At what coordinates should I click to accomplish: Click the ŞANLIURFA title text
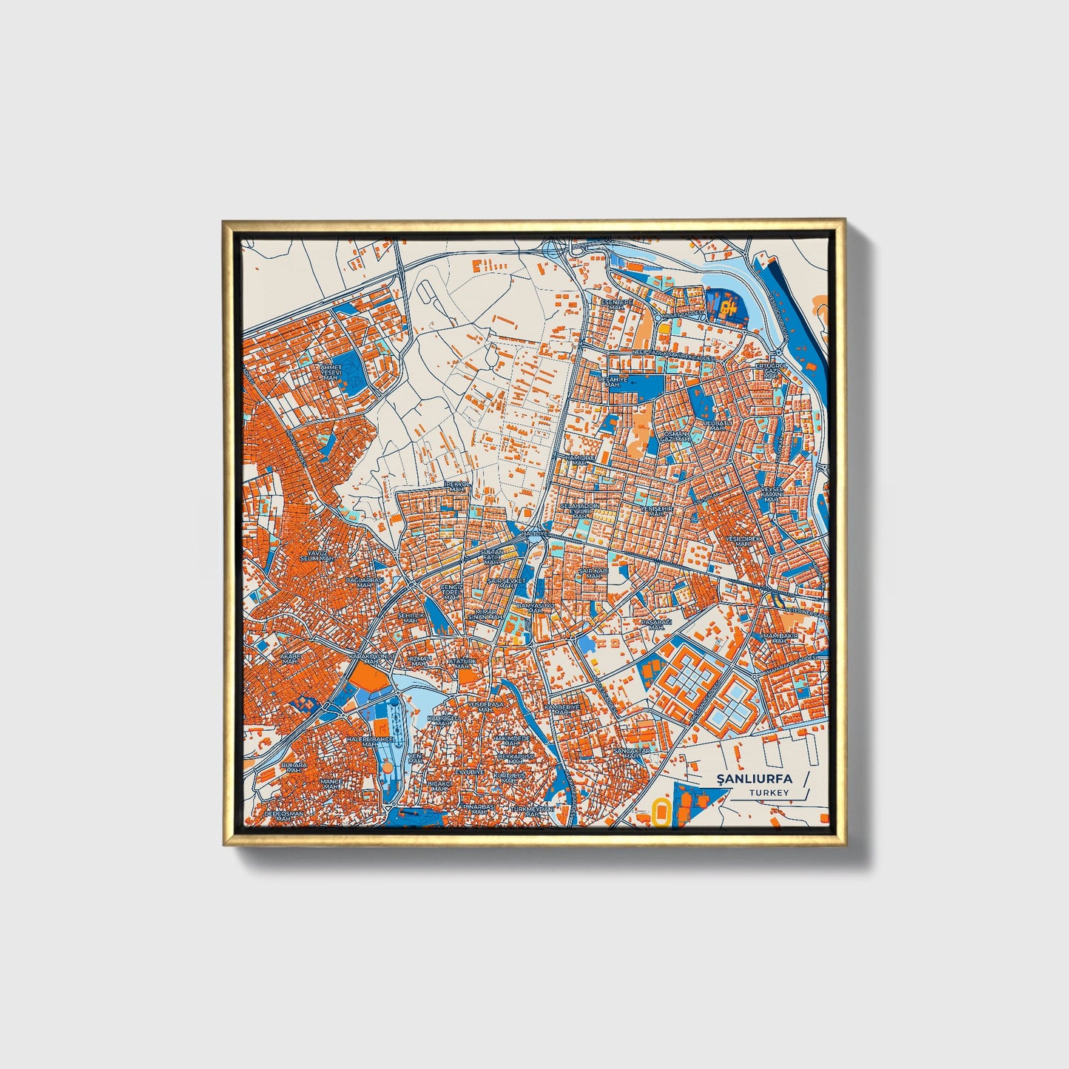tap(754, 778)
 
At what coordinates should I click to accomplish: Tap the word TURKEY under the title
tap(769, 792)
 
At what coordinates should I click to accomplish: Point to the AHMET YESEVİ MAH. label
tap(329, 371)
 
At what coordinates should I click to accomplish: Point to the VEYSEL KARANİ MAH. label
tap(772, 493)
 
